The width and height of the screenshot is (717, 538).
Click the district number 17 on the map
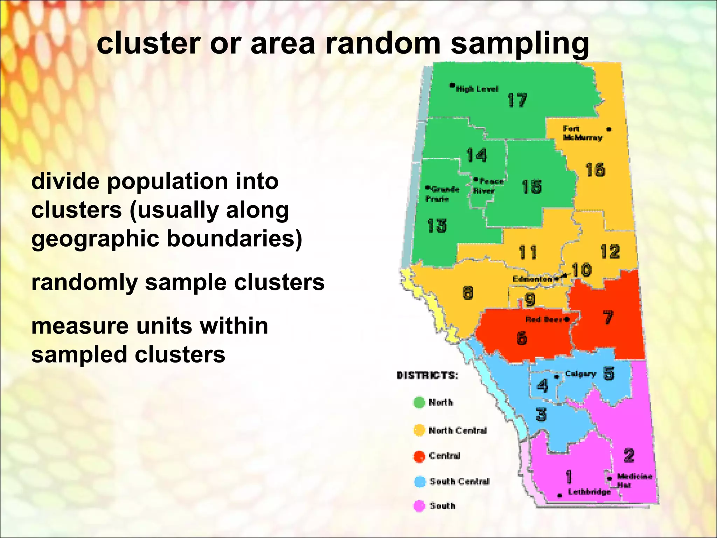pyautogui.click(x=517, y=101)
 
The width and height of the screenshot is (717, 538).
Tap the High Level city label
pyautogui.click(x=476, y=89)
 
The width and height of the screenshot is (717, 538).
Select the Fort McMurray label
pyautogui.click(x=582, y=133)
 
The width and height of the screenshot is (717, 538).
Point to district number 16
pyautogui.click(x=595, y=170)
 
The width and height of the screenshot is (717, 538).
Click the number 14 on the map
pyautogui.click(x=476, y=155)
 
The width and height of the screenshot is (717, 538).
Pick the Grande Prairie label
pyautogui.click(x=442, y=194)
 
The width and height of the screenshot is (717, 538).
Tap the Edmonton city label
pyautogui.click(x=532, y=279)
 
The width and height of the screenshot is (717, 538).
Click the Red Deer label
pyautogui.click(x=544, y=319)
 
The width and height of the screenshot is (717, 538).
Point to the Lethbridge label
pyautogui.click(x=589, y=492)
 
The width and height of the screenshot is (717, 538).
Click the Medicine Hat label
pyautogui.click(x=634, y=481)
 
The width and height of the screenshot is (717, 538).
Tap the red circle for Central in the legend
pyautogui.click(x=419, y=456)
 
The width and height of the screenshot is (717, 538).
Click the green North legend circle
pyautogui.click(x=419, y=402)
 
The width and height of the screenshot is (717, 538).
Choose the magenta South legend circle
pyautogui.click(x=419, y=506)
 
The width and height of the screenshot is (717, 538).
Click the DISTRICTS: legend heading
pyautogui.click(x=427, y=375)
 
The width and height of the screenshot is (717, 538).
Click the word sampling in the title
pyautogui.click(x=520, y=45)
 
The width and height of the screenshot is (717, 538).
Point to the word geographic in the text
pyautogui.click(x=95, y=240)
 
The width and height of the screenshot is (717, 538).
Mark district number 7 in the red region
pyautogui.click(x=608, y=317)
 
